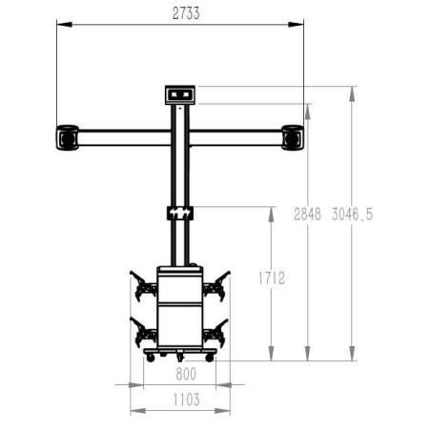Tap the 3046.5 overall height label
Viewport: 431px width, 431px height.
click(x=352, y=215)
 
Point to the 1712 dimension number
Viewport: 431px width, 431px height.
click(x=273, y=277)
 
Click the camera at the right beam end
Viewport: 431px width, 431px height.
click(x=293, y=137)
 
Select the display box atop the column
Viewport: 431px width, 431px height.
click(x=180, y=93)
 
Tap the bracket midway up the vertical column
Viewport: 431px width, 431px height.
click(x=180, y=212)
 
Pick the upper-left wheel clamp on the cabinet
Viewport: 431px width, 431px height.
click(x=144, y=284)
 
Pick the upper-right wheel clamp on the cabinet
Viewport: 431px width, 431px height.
click(x=216, y=284)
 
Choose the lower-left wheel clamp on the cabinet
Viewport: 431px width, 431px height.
click(x=145, y=334)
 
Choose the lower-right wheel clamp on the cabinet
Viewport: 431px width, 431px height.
click(x=216, y=334)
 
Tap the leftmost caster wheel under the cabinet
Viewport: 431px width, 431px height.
click(x=148, y=359)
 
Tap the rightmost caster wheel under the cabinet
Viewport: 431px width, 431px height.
click(x=212, y=359)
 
